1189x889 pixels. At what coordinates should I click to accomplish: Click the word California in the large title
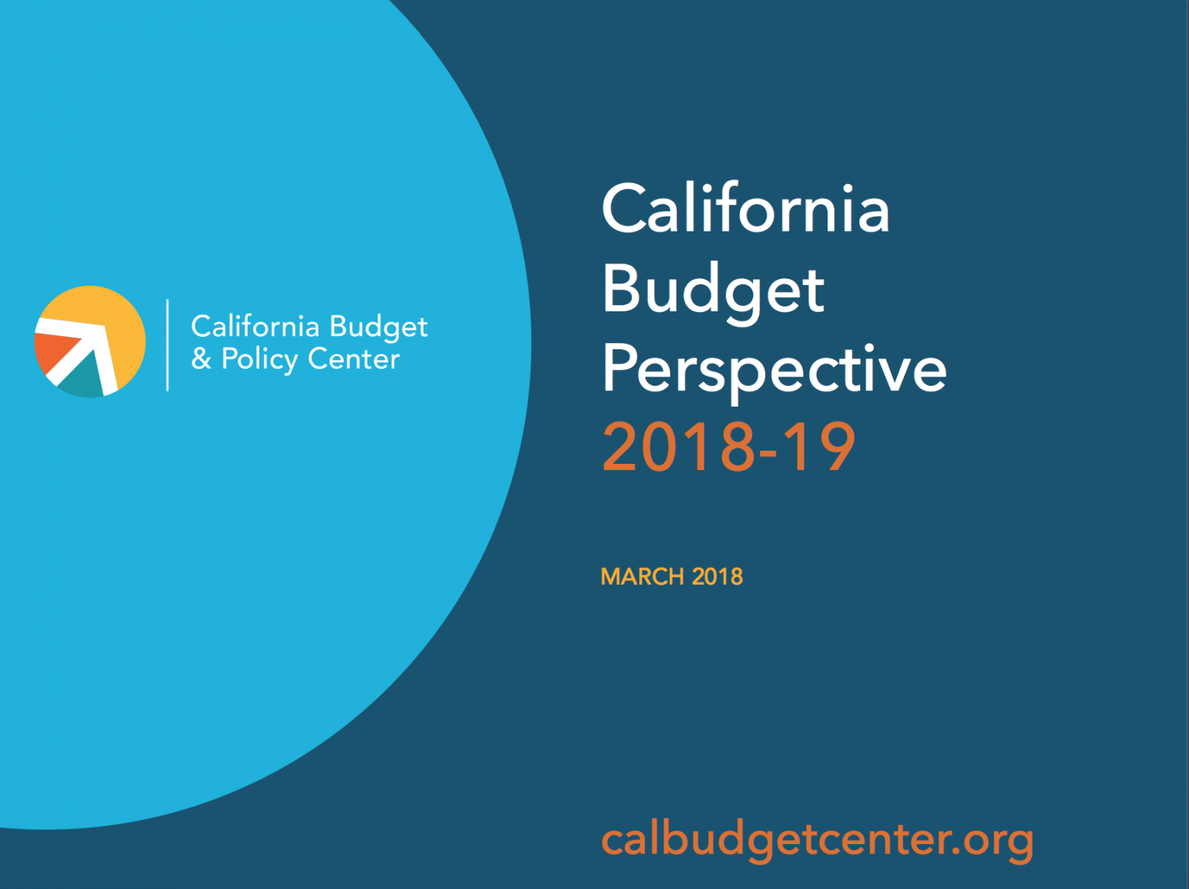pyautogui.click(x=745, y=209)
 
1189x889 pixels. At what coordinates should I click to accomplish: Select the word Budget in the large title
pyautogui.click(x=713, y=290)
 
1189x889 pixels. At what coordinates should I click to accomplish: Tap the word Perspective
pyautogui.click(x=774, y=369)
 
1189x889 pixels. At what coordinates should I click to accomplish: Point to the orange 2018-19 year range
pyautogui.click(x=728, y=448)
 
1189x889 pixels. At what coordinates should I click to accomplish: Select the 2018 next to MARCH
pyautogui.click(x=718, y=577)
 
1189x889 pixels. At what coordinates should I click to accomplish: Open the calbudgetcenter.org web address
pyautogui.click(x=817, y=840)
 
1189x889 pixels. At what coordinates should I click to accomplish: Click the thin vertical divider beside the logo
pyautogui.click(x=167, y=345)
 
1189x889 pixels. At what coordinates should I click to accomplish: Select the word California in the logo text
pyautogui.click(x=255, y=327)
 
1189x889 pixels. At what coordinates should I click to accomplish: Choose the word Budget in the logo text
pyautogui.click(x=379, y=328)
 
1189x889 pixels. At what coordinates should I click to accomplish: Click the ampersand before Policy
pyautogui.click(x=201, y=359)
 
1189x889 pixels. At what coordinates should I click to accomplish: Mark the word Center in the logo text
pyautogui.click(x=354, y=359)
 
